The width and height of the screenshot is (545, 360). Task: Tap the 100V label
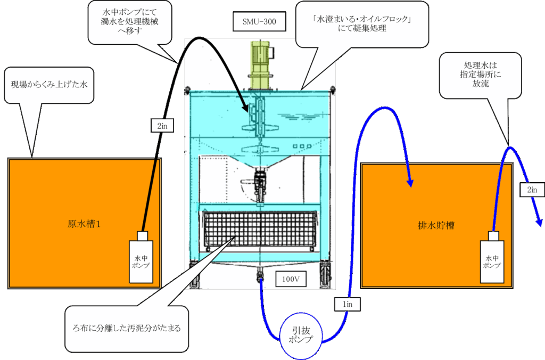coord(291,279)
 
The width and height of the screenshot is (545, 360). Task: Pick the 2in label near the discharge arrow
coord(532,189)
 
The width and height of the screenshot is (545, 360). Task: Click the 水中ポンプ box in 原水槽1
coord(142,261)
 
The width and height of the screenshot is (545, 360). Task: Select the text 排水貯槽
coord(435,225)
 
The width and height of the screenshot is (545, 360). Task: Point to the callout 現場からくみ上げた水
coord(49,85)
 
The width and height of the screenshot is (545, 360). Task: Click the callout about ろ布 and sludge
coord(126,329)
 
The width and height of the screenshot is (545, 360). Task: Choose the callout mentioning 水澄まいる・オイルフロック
coord(362,24)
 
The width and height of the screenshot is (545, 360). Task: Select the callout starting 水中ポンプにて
coord(130,22)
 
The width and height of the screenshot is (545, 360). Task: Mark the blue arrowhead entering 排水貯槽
coord(411,182)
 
